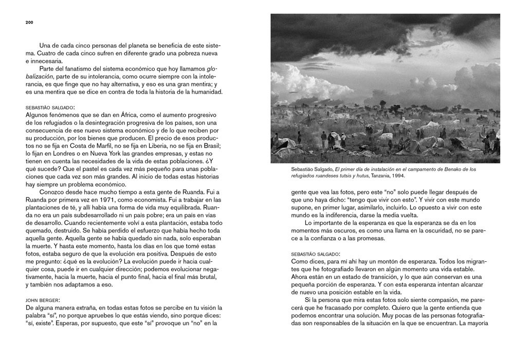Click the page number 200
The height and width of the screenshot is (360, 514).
29,23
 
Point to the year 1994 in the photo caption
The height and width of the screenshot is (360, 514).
397,176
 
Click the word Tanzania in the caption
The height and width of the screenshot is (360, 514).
375,176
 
